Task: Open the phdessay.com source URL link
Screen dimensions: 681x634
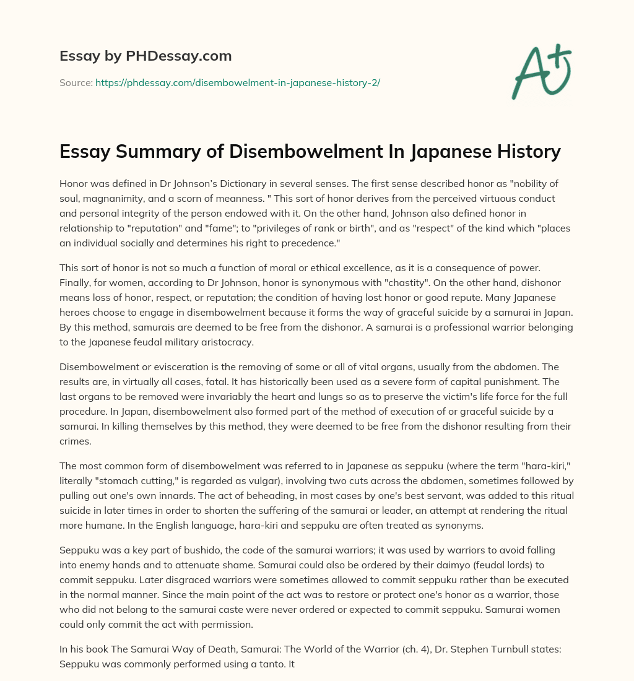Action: [237, 82]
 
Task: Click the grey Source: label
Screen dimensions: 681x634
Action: [76, 82]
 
